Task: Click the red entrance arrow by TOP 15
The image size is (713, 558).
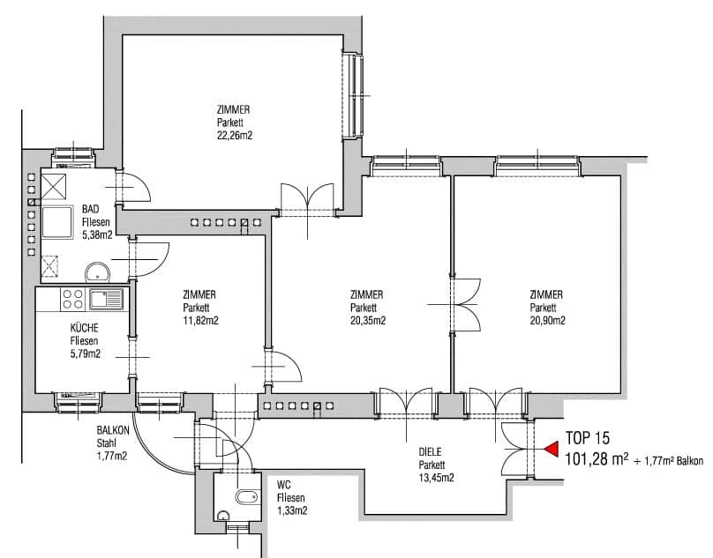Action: tap(551, 449)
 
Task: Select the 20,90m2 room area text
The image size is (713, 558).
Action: tap(547, 321)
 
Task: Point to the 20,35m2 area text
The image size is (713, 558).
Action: tap(367, 321)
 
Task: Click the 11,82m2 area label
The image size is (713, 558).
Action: tap(199, 321)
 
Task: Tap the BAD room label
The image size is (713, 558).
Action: tap(91, 209)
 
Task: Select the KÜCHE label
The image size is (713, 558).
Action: tap(86, 327)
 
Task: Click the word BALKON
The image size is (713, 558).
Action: tap(115, 431)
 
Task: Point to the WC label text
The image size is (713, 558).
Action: tap(283, 485)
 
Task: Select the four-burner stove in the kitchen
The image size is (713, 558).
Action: tap(73, 300)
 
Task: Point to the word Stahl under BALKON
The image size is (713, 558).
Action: tap(109, 443)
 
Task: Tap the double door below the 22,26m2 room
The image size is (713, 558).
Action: tap(307, 197)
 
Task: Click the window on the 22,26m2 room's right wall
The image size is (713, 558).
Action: tap(353, 94)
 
